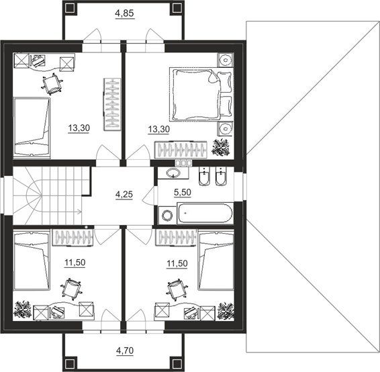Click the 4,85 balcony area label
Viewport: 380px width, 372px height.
(124, 13)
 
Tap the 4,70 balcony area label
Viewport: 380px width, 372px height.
(125, 351)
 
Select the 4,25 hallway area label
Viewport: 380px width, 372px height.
(124, 194)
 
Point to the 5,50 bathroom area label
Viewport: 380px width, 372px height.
(183, 193)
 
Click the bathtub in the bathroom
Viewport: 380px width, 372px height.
(205, 214)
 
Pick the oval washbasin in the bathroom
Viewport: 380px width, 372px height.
(173, 173)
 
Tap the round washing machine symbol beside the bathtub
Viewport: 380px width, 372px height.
(167, 216)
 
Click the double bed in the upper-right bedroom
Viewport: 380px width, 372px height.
(201, 94)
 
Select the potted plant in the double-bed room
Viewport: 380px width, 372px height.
(220, 147)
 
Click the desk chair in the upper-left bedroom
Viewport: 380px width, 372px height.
(52, 85)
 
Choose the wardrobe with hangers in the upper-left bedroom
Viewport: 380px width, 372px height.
(112, 105)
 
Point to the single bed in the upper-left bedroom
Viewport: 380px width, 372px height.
(32, 128)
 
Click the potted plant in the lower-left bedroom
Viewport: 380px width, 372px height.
(23, 309)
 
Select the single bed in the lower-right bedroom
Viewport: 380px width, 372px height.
(216, 261)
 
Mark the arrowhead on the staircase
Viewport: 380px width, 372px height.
(79, 212)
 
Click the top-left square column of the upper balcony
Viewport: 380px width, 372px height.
(70, 8)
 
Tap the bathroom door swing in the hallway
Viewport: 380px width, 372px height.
(148, 195)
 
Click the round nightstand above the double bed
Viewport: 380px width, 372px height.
(226, 60)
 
